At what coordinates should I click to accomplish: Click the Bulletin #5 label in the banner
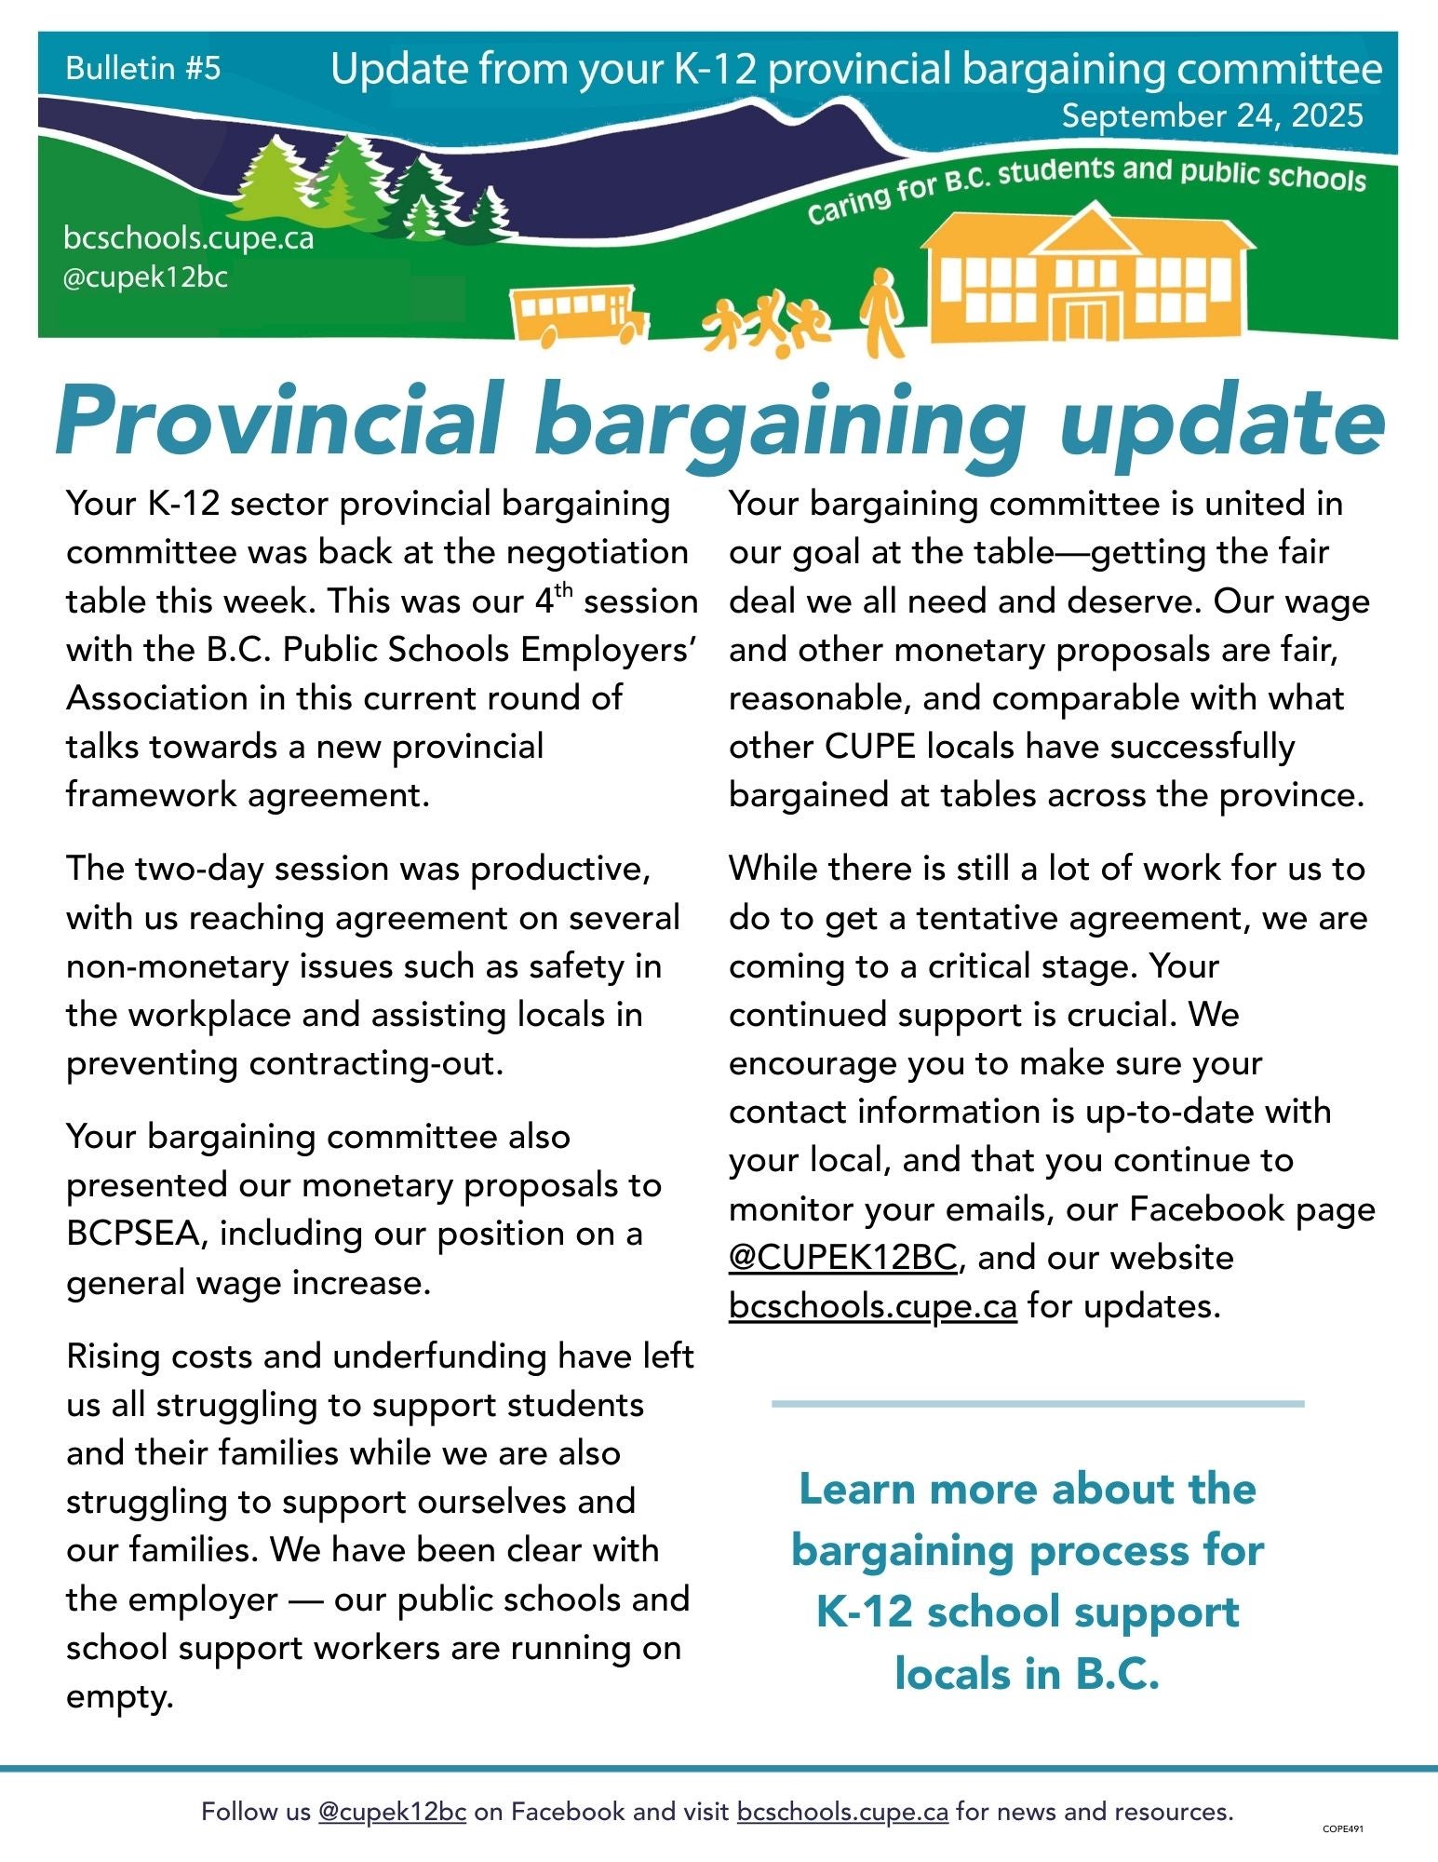(143, 68)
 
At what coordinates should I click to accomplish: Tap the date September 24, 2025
(1212, 115)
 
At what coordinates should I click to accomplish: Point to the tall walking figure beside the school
(881, 312)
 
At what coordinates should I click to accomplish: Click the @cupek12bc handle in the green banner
(145, 277)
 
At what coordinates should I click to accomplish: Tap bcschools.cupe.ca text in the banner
(188, 238)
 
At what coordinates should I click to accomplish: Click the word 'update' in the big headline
(1221, 420)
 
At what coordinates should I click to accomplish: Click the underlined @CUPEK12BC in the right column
(842, 1258)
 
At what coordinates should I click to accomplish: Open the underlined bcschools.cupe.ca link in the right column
(872, 1306)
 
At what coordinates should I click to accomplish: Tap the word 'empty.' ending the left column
(119, 1696)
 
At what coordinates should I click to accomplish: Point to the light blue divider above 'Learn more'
(1037, 1403)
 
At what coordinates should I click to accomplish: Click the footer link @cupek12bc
(392, 1812)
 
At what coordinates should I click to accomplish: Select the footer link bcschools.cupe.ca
(842, 1812)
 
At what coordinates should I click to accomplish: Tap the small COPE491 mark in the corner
(1342, 1828)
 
